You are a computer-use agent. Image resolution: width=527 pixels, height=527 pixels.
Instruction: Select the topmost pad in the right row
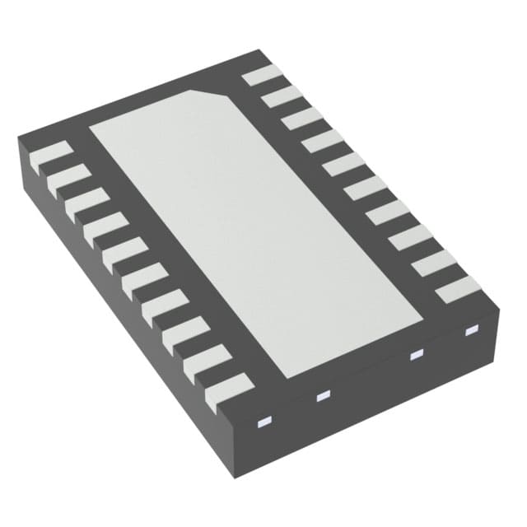point(262,75)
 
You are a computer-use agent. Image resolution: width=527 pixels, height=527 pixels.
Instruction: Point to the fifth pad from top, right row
point(343,165)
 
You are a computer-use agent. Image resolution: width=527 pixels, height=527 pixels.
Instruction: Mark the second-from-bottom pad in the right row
point(434,263)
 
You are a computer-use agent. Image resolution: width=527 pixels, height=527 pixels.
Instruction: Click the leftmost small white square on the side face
point(264,423)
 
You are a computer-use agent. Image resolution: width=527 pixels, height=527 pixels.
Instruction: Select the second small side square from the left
point(322,397)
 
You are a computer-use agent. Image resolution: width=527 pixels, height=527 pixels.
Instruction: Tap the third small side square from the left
point(416,354)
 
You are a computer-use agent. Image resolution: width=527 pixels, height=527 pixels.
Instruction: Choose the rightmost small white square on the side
point(472,330)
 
